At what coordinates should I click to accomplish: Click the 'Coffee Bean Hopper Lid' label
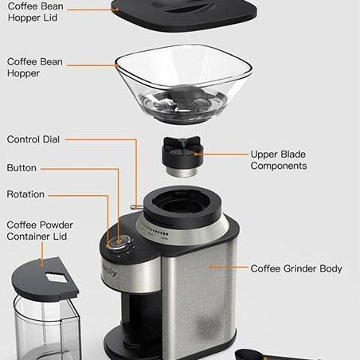click(x=36, y=12)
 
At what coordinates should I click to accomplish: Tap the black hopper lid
click(x=184, y=14)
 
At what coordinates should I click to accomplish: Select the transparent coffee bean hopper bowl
click(x=183, y=84)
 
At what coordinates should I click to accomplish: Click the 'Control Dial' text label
click(x=33, y=139)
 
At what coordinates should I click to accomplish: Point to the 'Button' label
click(x=22, y=168)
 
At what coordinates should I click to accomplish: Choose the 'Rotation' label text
click(x=25, y=194)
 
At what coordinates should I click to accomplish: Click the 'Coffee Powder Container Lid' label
click(x=40, y=231)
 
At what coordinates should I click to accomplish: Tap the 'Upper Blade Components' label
click(x=279, y=160)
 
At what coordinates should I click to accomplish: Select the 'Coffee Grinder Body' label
click(x=296, y=268)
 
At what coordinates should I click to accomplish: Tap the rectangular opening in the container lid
click(x=57, y=278)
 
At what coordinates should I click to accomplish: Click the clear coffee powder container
click(x=47, y=328)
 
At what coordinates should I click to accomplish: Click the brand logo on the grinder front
click(x=110, y=271)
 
